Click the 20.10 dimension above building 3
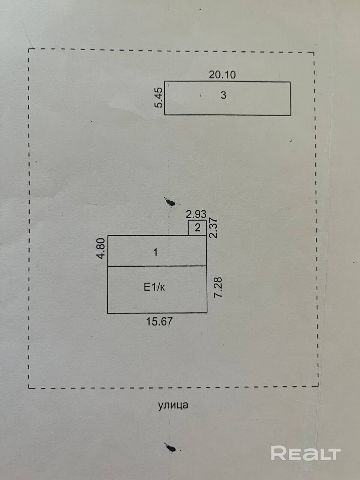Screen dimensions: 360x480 click(x=222, y=75)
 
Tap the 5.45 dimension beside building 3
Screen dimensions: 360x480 click(x=159, y=97)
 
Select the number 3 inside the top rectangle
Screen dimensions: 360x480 click(x=223, y=95)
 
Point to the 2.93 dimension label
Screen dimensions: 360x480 click(x=196, y=214)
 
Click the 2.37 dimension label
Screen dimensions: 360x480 click(x=213, y=228)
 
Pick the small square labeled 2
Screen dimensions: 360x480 click(x=197, y=228)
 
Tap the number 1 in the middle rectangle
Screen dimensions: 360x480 click(x=156, y=252)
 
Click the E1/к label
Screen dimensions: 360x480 click(x=154, y=288)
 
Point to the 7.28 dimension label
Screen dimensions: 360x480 click(x=218, y=287)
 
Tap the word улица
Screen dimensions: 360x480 click(x=173, y=405)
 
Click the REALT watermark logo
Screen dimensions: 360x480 click(x=306, y=453)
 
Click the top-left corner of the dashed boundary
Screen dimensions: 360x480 click(x=29, y=49)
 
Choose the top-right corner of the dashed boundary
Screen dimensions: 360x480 click(x=313, y=53)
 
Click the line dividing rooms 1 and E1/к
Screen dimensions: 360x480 click(x=157, y=266)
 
